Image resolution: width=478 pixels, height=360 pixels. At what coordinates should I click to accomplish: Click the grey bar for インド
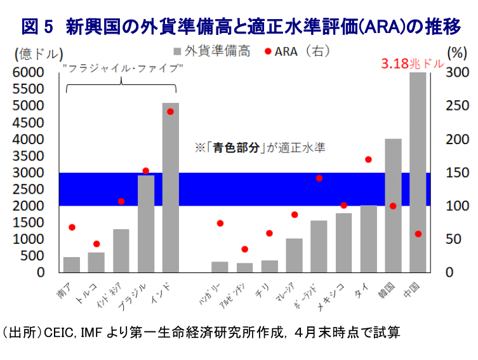tap(171, 187)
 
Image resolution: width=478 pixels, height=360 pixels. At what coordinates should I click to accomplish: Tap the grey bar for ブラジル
tap(146, 223)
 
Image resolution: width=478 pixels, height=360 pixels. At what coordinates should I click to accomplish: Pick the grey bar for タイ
tap(369, 239)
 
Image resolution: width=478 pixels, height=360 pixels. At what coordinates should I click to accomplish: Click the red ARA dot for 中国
tap(418, 234)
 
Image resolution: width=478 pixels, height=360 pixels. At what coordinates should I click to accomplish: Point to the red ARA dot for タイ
tap(368, 159)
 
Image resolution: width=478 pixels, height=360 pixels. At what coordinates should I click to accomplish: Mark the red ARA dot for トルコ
tap(96, 244)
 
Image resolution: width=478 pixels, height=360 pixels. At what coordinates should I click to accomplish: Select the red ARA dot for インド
tap(170, 112)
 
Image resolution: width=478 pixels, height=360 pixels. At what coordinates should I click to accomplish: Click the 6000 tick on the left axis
tap(29, 72)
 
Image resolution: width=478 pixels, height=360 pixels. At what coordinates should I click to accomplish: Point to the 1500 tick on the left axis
tap(29, 223)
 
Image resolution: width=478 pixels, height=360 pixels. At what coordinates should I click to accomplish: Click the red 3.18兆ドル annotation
tap(410, 63)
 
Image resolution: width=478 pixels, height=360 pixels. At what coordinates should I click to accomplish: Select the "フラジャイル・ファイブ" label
tap(123, 67)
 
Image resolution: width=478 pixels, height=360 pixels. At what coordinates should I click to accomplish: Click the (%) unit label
tap(456, 52)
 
